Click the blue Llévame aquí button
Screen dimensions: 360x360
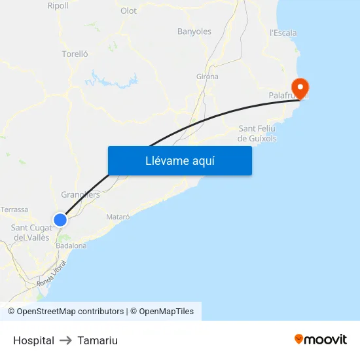pos(179,160)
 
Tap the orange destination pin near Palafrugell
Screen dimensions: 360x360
pos(300,88)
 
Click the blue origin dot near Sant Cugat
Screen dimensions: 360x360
pos(60,220)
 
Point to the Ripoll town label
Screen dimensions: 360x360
pos(58,5)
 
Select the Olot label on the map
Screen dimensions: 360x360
pos(128,10)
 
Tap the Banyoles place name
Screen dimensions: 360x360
pos(194,31)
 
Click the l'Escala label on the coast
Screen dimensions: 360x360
pos(283,33)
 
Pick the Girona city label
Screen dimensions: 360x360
pos(207,77)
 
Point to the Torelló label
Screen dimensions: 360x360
pos(75,54)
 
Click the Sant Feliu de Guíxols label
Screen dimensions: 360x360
pos(257,134)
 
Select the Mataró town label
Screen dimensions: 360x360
pos(118,217)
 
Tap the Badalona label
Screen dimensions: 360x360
pos(71,245)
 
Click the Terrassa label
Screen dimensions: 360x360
pos(14,209)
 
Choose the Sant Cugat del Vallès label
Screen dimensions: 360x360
pos(31,232)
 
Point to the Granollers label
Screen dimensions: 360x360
pos(80,195)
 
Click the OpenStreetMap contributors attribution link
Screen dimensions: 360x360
pos(70,312)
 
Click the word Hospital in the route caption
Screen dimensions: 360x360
pos(33,340)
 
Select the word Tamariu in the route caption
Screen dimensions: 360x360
pos(98,340)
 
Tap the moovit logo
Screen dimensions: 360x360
pos(321,339)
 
